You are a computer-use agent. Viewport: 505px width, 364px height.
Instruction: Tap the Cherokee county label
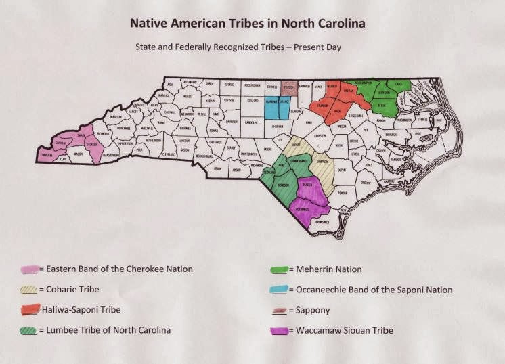pyautogui.click(x=45, y=154)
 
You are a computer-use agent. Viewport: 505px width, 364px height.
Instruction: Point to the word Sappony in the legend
pyautogui.click(x=313, y=310)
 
